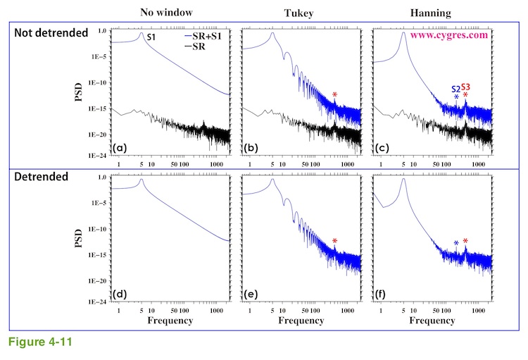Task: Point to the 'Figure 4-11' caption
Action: [x=41, y=345]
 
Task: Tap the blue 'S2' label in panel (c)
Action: [x=455, y=89]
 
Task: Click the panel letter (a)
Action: [x=120, y=148]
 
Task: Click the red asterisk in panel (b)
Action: [x=335, y=95]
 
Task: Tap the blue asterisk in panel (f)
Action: [x=455, y=243]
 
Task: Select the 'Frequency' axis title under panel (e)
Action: [x=301, y=321]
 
